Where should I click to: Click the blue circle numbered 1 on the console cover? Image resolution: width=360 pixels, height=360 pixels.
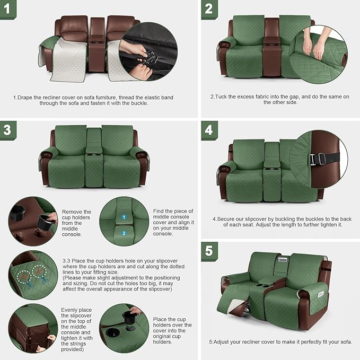[124, 217]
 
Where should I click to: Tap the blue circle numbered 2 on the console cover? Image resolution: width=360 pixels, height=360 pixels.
[124, 232]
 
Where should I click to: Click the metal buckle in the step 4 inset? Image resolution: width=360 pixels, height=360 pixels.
[320, 158]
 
